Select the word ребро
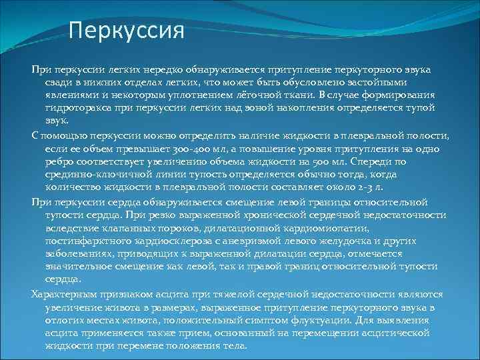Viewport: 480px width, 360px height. coord(61,162)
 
